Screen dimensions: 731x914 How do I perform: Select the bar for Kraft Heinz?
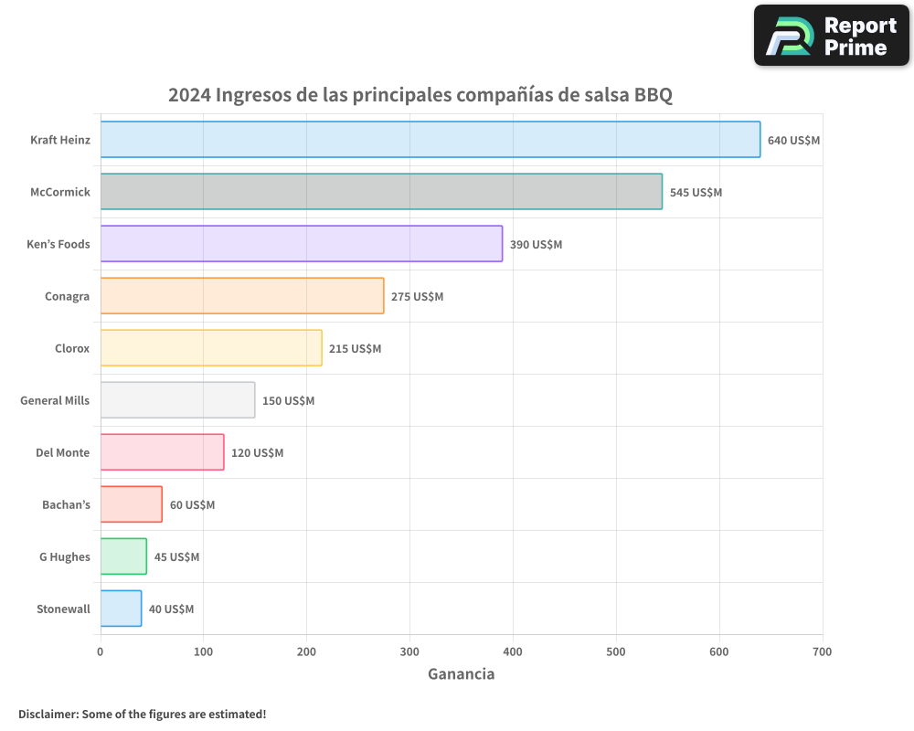click(x=430, y=140)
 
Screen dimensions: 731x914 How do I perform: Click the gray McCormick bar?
click(x=381, y=192)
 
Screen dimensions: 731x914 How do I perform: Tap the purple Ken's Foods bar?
click(x=302, y=244)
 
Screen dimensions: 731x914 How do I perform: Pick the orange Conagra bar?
click(x=242, y=296)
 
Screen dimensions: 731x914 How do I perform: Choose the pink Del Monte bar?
click(x=162, y=452)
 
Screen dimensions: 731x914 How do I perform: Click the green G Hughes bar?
click(x=123, y=556)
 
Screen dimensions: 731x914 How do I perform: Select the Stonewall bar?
click(x=121, y=609)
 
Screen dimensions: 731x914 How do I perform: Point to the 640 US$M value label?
click(x=793, y=141)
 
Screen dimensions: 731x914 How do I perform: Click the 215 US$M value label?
click(x=355, y=349)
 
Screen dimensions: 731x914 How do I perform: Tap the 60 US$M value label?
click(x=192, y=505)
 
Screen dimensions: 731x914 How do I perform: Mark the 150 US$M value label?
click(x=288, y=401)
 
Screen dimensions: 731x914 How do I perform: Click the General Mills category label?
click(x=55, y=400)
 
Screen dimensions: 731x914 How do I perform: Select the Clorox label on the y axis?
click(x=72, y=348)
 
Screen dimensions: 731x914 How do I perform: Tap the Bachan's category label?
click(x=66, y=504)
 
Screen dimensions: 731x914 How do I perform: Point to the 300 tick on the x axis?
click(x=409, y=652)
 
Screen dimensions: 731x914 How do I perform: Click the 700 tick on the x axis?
click(x=822, y=652)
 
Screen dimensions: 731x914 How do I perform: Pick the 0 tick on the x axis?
click(x=101, y=652)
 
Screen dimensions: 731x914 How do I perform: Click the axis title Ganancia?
click(x=461, y=674)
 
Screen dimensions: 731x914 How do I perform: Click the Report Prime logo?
click(x=832, y=36)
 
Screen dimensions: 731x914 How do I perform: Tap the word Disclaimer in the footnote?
click(x=48, y=714)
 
